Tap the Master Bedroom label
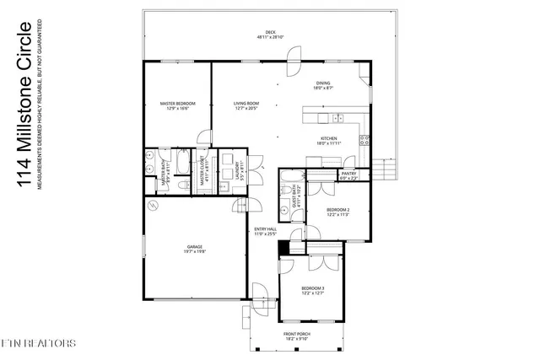178,106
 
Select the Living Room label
246,106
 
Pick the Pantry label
348,175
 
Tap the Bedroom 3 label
312,292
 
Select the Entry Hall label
266,231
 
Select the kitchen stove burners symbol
363,137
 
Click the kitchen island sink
335,116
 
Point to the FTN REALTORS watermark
38,344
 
